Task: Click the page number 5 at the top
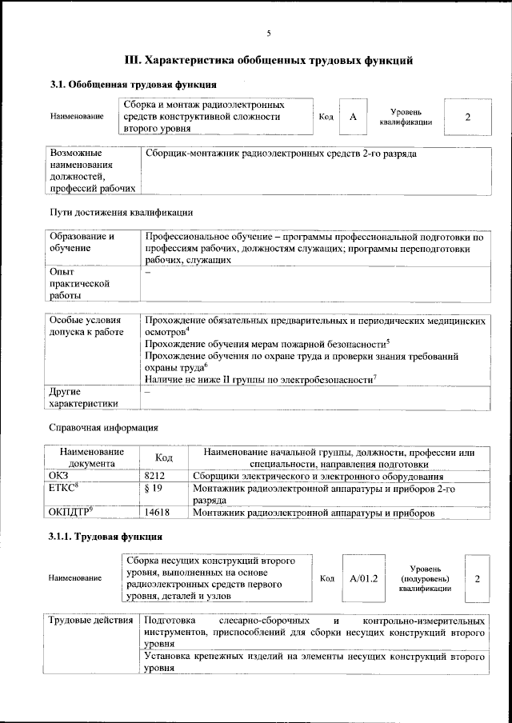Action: (269, 33)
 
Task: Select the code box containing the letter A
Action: (352, 117)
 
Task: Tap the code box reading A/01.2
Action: (364, 577)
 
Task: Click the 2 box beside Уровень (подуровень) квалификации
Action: (477, 577)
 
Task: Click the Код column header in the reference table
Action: (164, 457)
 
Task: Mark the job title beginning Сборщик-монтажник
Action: (281, 152)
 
